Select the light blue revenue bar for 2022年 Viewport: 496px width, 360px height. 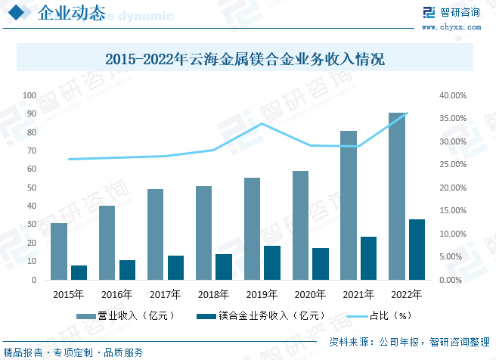(x=396, y=196)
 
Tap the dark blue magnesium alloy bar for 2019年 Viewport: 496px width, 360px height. (x=272, y=262)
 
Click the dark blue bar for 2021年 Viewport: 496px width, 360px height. (x=369, y=258)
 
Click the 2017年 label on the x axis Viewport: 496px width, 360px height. (x=166, y=294)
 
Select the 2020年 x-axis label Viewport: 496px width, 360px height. (x=310, y=294)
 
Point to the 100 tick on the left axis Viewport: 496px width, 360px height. (x=30, y=95)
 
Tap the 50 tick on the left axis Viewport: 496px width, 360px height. (x=33, y=188)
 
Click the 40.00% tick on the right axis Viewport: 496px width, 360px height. (x=452, y=95)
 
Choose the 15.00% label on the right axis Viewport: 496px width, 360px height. (x=452, y=210)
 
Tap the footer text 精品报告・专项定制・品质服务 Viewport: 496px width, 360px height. (x=73, y=352)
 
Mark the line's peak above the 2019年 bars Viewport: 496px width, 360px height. (x=262, y=123)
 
